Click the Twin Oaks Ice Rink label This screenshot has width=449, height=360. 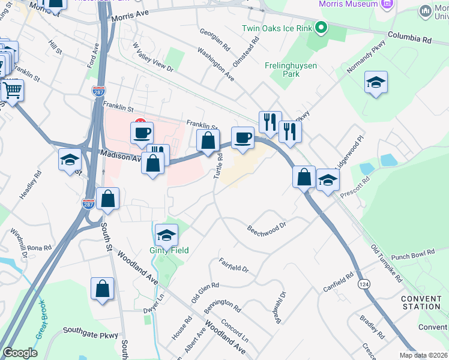coord(278,28)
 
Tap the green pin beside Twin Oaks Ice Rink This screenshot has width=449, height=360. coord(321,28)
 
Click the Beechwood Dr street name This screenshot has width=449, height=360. coord(267,228)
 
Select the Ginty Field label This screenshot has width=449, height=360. coord(169,250)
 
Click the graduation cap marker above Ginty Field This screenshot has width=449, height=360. coord(166,235)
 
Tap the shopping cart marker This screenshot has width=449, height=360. coord(11,91)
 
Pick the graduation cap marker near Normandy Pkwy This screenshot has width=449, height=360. coord(376,83)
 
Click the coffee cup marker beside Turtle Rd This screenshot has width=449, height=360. coord(243,137)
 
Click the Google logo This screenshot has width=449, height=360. coord(20,353)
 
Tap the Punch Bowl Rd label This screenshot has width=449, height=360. coord(412,256)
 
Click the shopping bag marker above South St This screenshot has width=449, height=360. coord(108,198)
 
